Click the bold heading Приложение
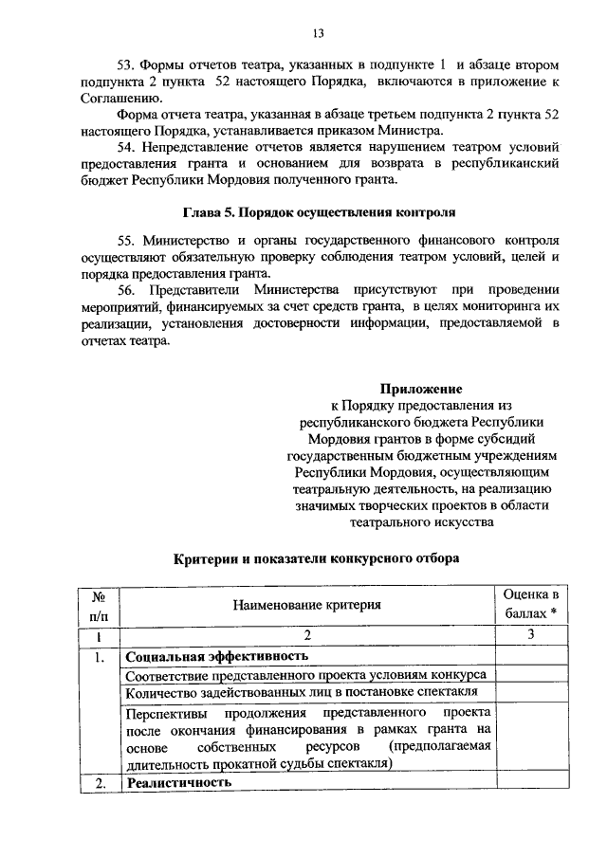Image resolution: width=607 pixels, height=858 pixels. pyautogui.click(x=421, y=389)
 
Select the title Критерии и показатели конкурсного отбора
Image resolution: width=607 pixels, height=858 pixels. pyautogui.click(x=318, y=558)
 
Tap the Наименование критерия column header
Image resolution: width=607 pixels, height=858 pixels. pyautogui.click(x=305, y=604)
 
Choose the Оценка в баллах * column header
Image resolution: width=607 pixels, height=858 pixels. pyautogui.click(x=530, y=604)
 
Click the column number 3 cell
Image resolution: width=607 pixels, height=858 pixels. pyautogui.click(x=530, y=635)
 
